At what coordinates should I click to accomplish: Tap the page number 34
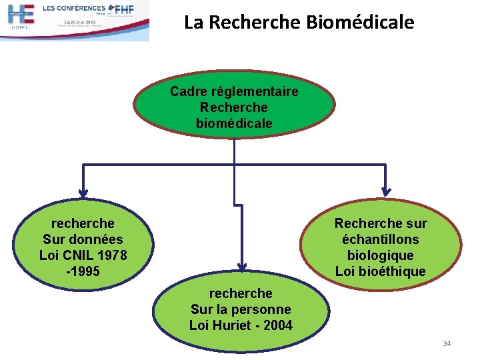pyautogui.click(x=447, y=343)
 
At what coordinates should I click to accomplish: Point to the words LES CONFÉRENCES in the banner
pyautogui.click(x=73, y=8)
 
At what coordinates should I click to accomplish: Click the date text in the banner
pyautogui.click(x=79, y=22)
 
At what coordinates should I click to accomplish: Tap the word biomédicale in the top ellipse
pyautogui.click(x=234, y=123)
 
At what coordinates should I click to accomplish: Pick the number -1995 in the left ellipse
pyautogui.click(x=83, y=271)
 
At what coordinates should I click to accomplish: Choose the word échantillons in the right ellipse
pyautogui.click(x=381, y=239)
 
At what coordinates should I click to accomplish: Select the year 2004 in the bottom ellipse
pyautogui.click(x=277, y=325)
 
